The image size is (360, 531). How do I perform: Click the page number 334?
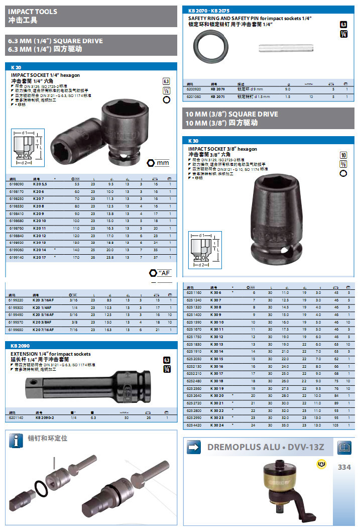pyautogui.click(x=344, y=467)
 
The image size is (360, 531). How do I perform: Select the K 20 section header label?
pyautogui.click(x=16, y=67)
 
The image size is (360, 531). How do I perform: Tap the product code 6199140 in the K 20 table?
pyautogui.click(x=17, y=257)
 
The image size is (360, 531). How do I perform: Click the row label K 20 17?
pyautogui.click(x=40, y=257)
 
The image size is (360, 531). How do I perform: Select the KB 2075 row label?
pyautogui.click(x=218, y=96)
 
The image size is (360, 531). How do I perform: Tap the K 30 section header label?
pyautogui.click(x=193, y=141)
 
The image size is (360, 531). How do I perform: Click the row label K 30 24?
pyautogui.click(x=216, y=426)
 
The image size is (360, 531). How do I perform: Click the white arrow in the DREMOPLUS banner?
pyautogui.click(x=194, y=447)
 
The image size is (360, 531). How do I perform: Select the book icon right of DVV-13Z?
pyautogui.click(x=344, y=446)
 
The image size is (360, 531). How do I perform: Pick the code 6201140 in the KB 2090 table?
pyautogui.click(x=17, y=417)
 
